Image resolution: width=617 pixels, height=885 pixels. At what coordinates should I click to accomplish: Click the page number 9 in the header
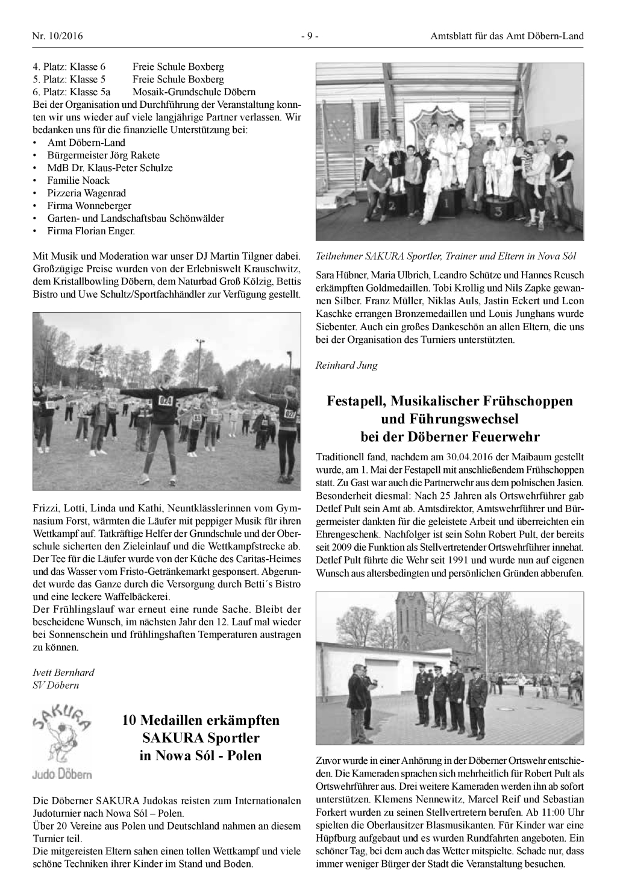pyautogui.click(x=309, y=36)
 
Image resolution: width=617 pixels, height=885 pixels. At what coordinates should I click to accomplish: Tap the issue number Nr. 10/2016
pyautogui.click(x=57, y=36)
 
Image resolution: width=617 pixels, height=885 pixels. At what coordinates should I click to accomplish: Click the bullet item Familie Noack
pyautogui.click(x=78, y=180)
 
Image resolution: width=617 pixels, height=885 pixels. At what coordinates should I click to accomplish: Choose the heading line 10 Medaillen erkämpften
pyautogui.click(x=201, y=720)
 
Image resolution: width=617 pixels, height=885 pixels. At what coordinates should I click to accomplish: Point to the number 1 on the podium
pyautogui.click(x=446, y=204)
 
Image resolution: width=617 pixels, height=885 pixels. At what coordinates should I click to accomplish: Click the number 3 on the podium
pyautogui.click(x=498, y=212)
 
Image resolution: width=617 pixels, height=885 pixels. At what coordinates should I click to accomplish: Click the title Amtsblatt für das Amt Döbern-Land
pyautogui.click(x=507, y=36)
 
